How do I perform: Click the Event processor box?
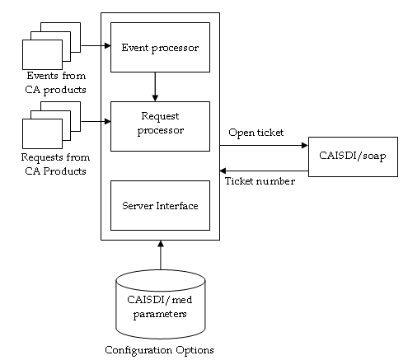pyautogui.click(x=160, y=47)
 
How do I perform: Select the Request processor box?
pyautogui.click(x=160, y=124)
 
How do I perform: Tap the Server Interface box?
pyautogui.click(x=160, y=205)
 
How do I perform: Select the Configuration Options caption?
pyautogui.click(x=160, y=350)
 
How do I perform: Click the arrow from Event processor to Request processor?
pyautogui.click(x=155, y=86)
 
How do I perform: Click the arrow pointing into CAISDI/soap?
pyautogui.click(x=264, y=147)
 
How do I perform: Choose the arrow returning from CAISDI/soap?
pyautogui.click(x=264, y=171)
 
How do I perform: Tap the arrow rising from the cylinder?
pyautogui.click(x=161, y=255)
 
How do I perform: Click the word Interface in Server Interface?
pyautogui.click(x=179, y=205)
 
